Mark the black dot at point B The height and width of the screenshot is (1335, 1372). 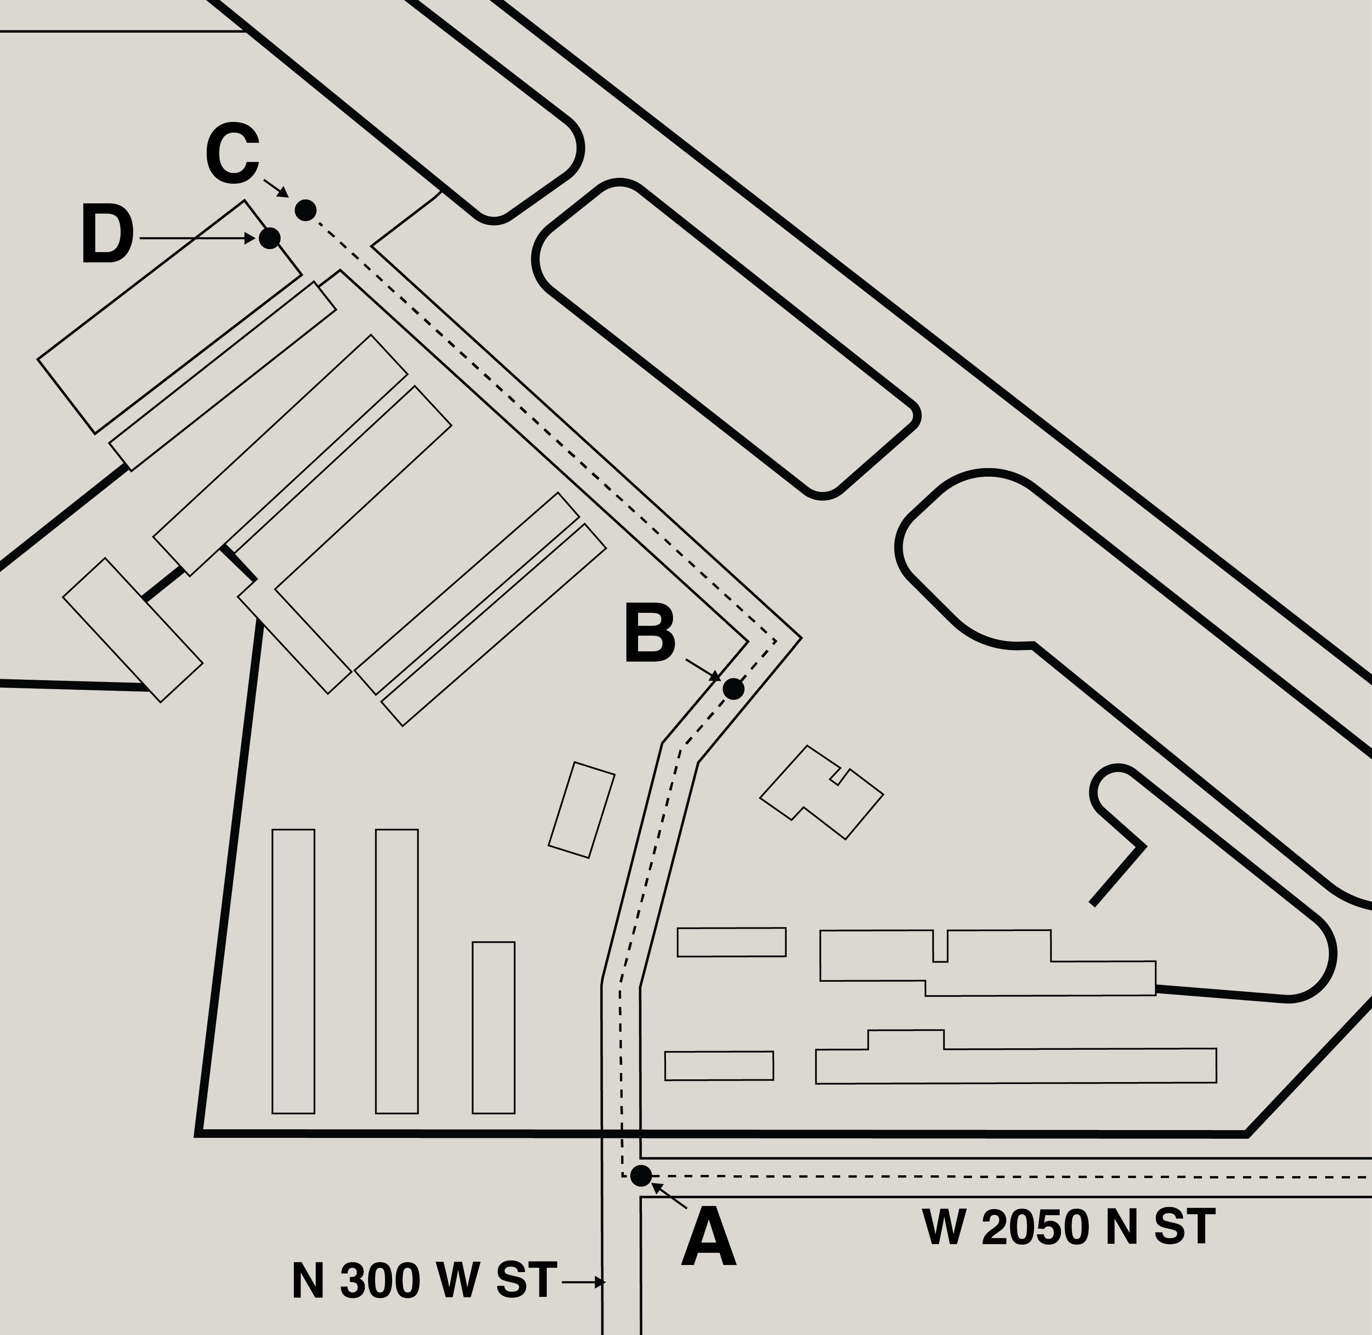(733, 688)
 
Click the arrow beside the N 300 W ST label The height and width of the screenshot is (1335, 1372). (583, 1282)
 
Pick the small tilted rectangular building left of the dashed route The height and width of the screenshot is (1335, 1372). (582, 810)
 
